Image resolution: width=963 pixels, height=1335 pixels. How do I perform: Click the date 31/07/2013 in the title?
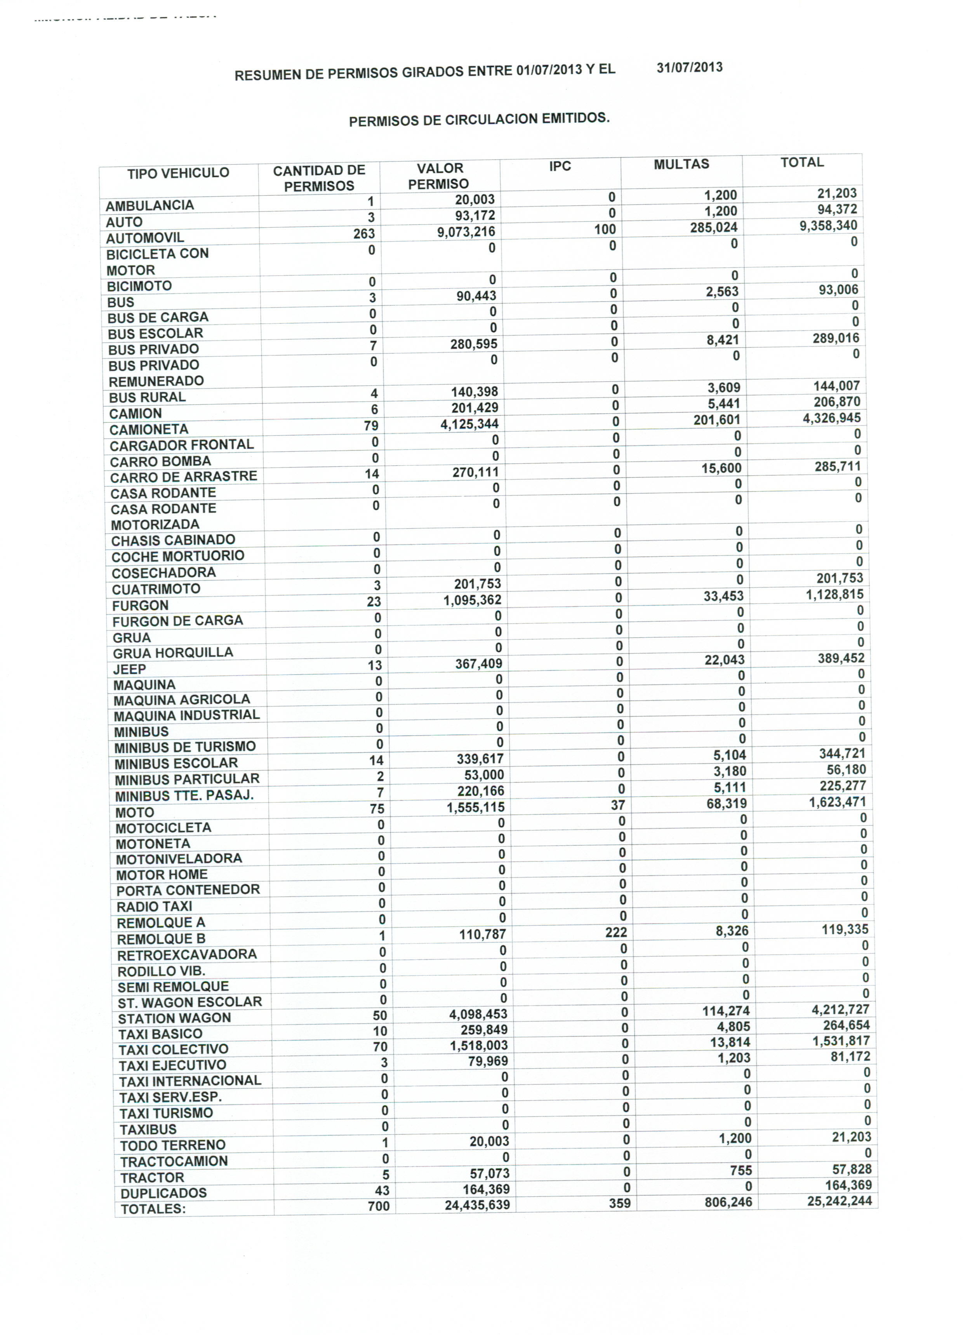[689, 67]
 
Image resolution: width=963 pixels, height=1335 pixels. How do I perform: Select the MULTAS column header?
[681, 164]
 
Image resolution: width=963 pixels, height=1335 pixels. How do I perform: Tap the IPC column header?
[560, 166]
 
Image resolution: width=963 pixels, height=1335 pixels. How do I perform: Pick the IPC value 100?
[605, 230]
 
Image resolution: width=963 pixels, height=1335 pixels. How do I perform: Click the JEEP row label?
[129, 669]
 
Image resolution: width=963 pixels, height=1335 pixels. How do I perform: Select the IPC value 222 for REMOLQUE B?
[616, 932]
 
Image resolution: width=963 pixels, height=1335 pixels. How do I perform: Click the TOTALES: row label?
[153, 1209]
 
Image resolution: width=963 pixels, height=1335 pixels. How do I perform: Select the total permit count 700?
[379, 1206]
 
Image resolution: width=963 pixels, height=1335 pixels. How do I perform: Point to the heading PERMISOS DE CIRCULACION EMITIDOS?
[479, 120]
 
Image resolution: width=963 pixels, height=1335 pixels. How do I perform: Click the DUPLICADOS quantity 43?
[382, 1190]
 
